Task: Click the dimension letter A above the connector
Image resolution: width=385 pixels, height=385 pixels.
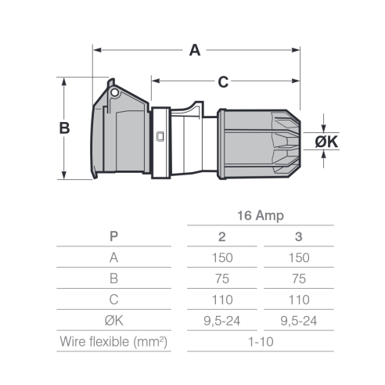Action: (195, 50)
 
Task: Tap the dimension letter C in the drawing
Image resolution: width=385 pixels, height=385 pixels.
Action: (223, 82)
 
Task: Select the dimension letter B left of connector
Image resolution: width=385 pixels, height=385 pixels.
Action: (64, 128)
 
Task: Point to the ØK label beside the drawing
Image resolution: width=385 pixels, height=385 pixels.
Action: (326, 142)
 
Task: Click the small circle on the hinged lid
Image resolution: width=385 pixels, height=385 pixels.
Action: (114, 92)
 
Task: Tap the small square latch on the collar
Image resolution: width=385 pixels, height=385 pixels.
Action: (160, 136)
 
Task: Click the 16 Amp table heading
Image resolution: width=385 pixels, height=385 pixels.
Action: (261, 216)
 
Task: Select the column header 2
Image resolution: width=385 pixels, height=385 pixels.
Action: (222, 236)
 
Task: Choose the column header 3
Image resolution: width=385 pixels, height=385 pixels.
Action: (299, 236)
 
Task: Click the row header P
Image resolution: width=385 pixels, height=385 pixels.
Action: (113, 236)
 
